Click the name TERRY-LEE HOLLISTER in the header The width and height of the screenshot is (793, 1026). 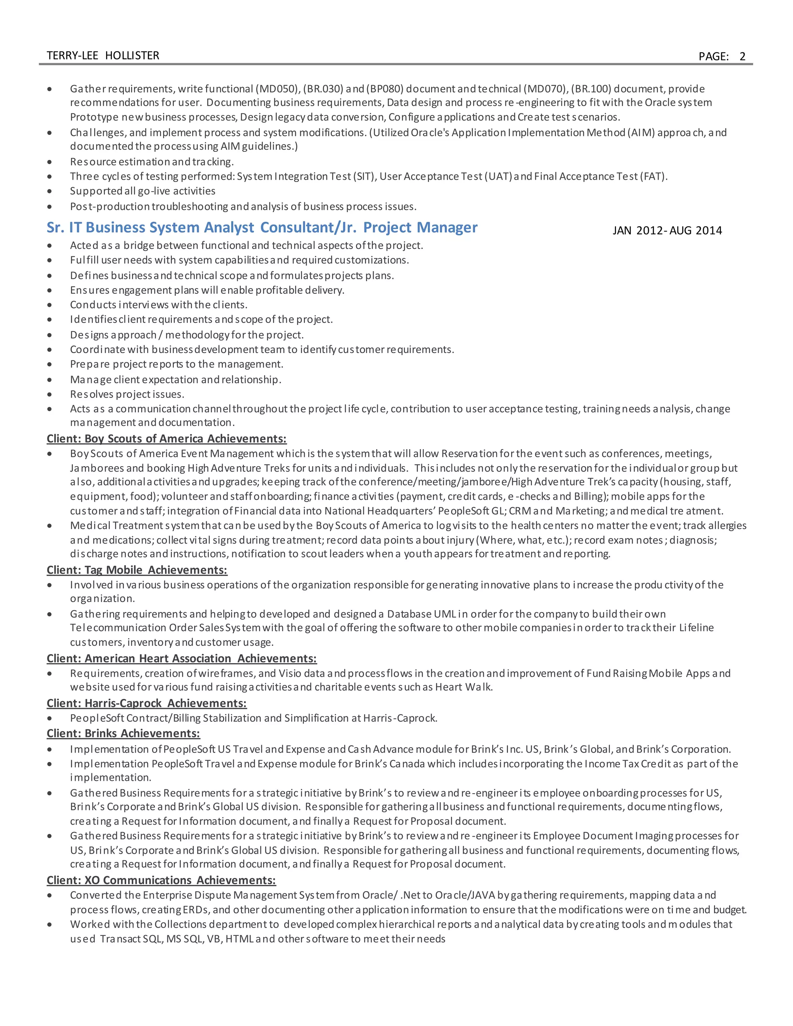(x=103, y=55)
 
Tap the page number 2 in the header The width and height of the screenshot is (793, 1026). (x=742, y=57)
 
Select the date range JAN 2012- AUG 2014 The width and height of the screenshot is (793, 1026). (x=667, y=230)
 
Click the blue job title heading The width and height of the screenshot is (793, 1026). (x=262, y=227)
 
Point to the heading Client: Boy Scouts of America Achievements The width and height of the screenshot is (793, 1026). (x=166, y=438)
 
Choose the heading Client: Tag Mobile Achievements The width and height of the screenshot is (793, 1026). (x=137, y=570)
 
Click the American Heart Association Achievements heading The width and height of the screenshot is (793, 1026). (x=181, y=658)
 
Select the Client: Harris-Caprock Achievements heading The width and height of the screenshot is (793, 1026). (x=147, y=703)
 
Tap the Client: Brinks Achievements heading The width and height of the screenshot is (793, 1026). (x=123, y=733)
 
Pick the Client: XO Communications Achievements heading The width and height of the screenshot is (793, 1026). (x=161, y=880)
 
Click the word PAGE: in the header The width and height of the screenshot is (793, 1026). (x=713, y=57)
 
